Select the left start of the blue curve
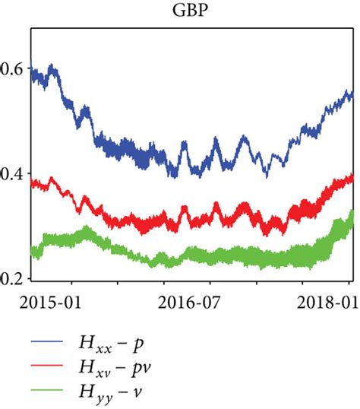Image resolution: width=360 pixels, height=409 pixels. coord(30,71)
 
